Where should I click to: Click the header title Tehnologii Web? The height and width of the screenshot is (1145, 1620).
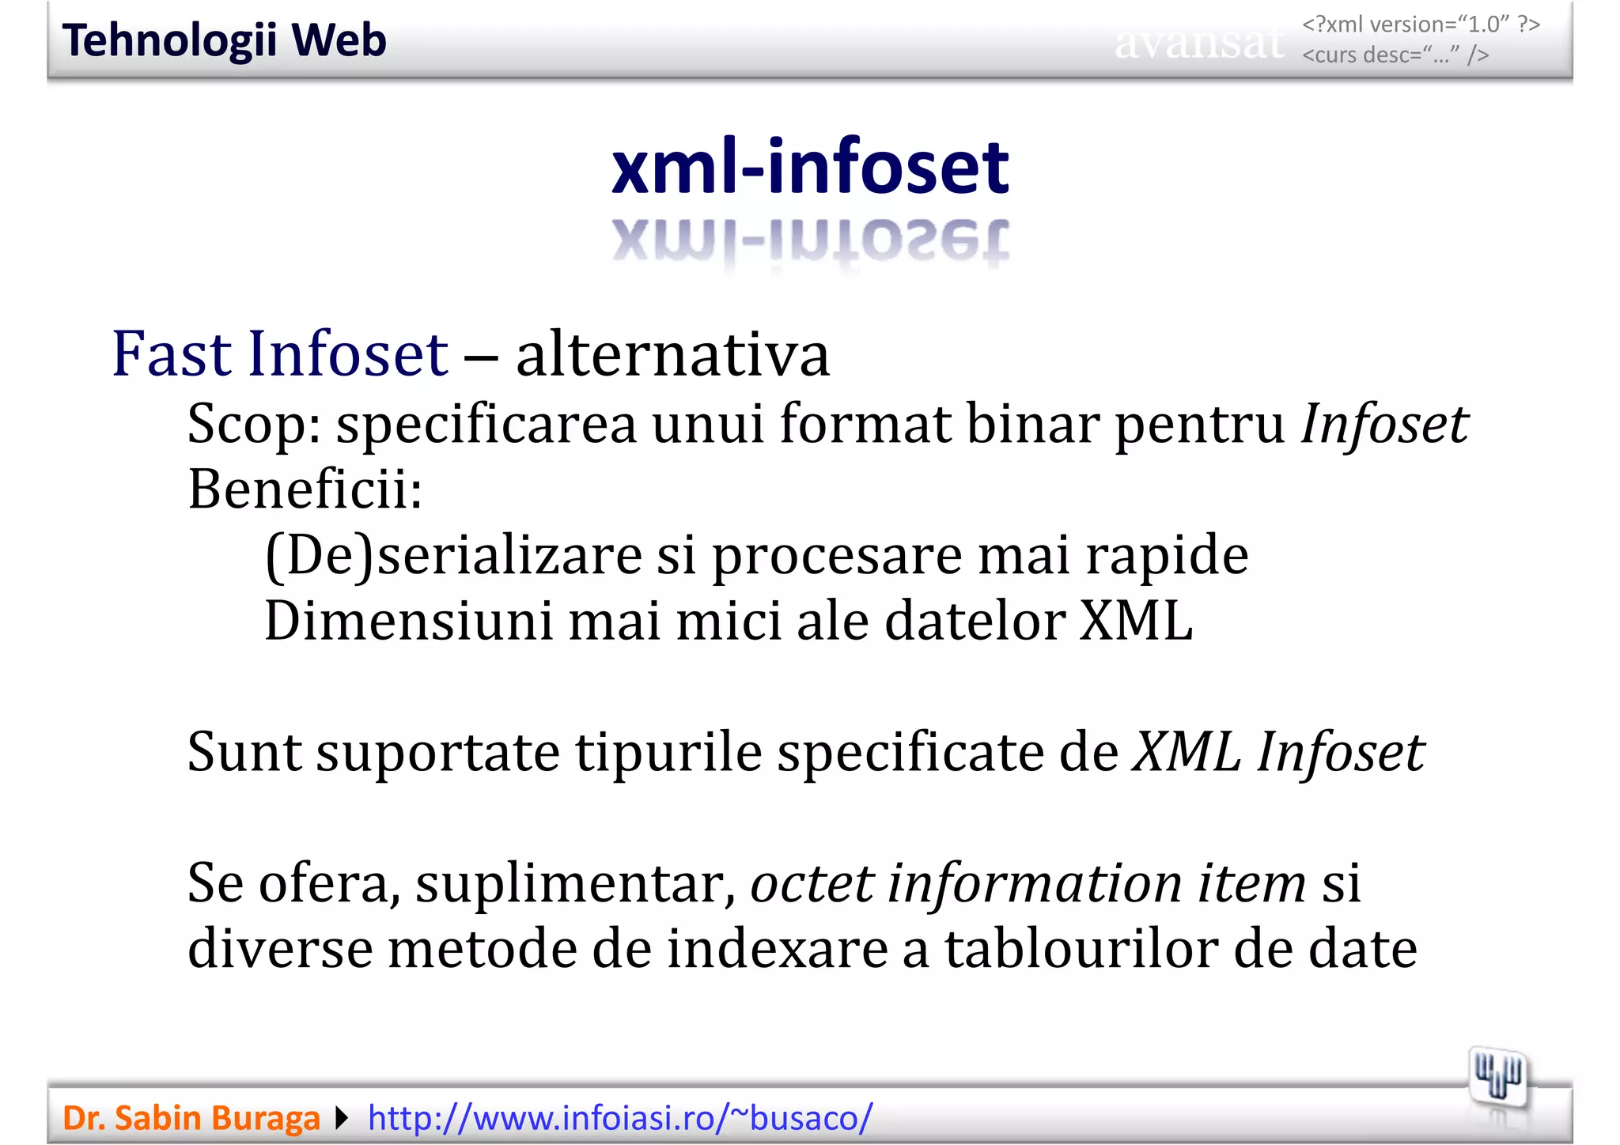tap(224, 40)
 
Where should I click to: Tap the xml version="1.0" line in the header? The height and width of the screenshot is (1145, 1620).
tap(1421, 25)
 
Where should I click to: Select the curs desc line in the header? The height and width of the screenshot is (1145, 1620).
tap(1395, 55)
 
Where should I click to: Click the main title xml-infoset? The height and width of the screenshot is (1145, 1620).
tap(810, 167)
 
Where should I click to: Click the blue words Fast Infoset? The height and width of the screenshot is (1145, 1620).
tap(280, 353)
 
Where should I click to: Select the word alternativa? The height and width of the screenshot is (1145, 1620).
tap(672, 355)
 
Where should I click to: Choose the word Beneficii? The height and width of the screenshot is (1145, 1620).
tap(305, 489)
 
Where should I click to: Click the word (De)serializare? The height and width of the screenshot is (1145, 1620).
tap(452, 555)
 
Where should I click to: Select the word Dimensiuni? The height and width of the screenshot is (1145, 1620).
tap(408, 621)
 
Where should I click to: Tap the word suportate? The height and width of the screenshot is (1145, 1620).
tap(437, 751)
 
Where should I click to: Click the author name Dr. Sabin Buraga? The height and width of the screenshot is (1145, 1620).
tap(191, 1118)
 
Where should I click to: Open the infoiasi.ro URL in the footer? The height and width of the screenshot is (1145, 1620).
tap(620, 1118)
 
